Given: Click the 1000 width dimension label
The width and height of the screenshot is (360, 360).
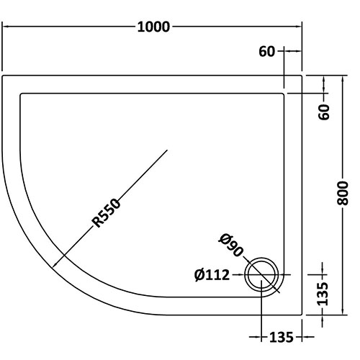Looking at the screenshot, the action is point(153,27).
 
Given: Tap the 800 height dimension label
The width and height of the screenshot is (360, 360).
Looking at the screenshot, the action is point(343,193).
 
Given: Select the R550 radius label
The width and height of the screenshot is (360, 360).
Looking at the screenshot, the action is point(107,213).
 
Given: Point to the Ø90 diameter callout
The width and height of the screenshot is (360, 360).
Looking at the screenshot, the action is point(230,245).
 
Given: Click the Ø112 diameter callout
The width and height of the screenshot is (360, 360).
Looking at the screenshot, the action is point(212,275).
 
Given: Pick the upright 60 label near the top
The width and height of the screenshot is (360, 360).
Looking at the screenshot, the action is point(266,52).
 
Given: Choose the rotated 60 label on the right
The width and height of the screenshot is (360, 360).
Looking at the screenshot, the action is point(324,112).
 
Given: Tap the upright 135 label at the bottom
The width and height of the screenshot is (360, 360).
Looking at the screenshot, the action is point(282,337).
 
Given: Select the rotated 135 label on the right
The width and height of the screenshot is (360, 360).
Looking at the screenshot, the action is point(323,294).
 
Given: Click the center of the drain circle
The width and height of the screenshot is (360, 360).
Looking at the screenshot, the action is point(261,274).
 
